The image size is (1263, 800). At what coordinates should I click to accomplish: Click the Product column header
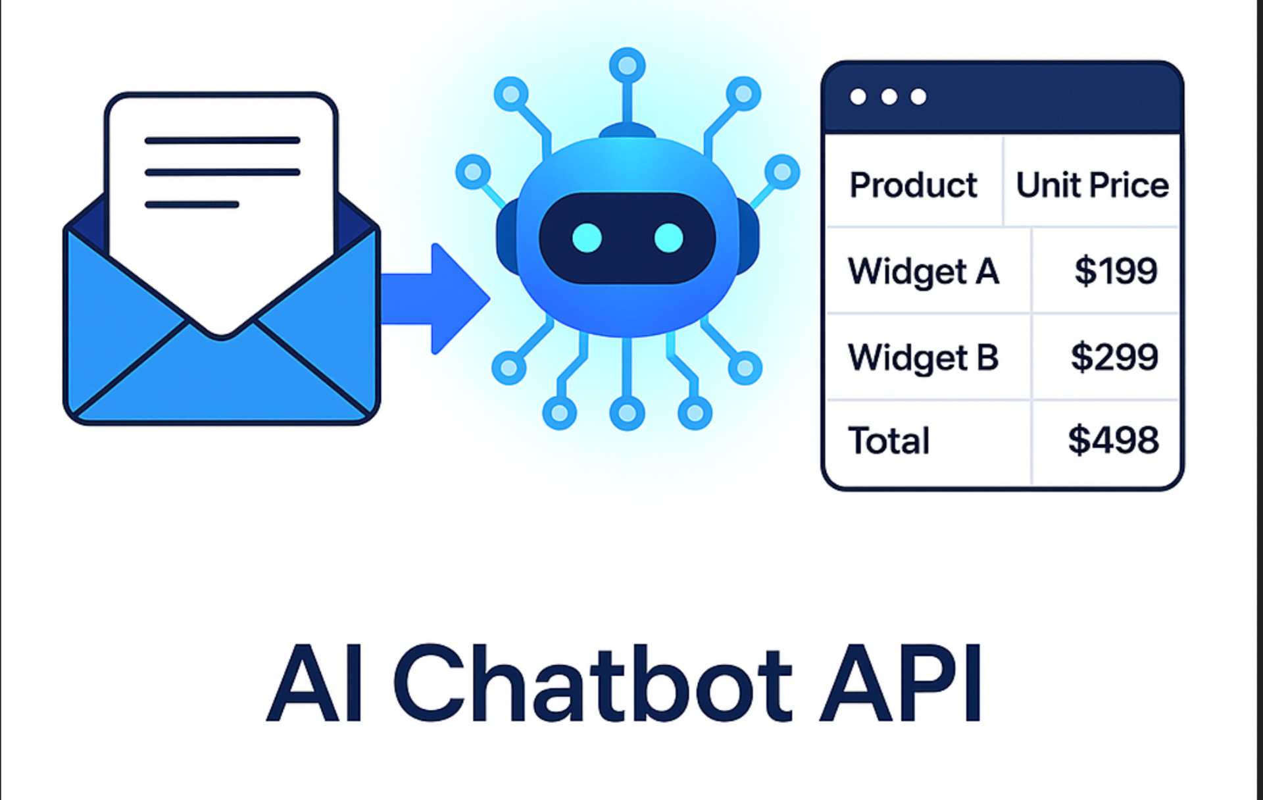pyautogui.click(x=913, y=185)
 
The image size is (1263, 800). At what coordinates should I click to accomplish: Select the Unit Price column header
pyautogui.click(x=1092, y=185)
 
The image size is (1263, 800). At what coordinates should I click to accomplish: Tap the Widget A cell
pyautogui.click(x=924, y=271)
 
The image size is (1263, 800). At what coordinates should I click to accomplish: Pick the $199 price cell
pyautogui.click(x=1116, y=270)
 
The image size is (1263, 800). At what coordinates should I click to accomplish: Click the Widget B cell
pyautogui.click(x=924, y=357)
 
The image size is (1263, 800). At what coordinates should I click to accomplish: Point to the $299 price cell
pyautogui.click(x=1114, y=357)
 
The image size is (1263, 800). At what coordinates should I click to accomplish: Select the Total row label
pyautogui.click(x=889, y=441)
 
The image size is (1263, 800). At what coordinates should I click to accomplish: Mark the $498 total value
pyautogui.click(x=1113, y=440)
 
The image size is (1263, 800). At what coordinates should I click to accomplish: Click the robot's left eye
pyautogui.click(x=587, y=238)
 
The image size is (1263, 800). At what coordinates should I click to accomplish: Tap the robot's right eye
pyautogui.click(x=669, y=238)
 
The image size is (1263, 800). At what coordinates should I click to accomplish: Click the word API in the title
pyautogui.click(x=901, y=684)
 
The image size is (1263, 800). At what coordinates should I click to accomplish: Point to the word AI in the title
pyautogui.click(x=314, y=684)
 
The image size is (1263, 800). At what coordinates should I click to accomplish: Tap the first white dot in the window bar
pyautogui.click(x=858, y=97)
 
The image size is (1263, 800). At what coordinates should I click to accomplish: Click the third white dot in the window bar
pyautogui.click(x=918, y=97)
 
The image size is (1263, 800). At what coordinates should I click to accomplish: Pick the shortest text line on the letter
pyautogui.click(x=191, y=205)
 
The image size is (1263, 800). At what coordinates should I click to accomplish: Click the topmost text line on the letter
pyautogui.click(x=222, y=140)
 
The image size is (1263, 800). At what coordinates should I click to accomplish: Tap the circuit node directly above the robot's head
pyautogui.click(x=627, y=66)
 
